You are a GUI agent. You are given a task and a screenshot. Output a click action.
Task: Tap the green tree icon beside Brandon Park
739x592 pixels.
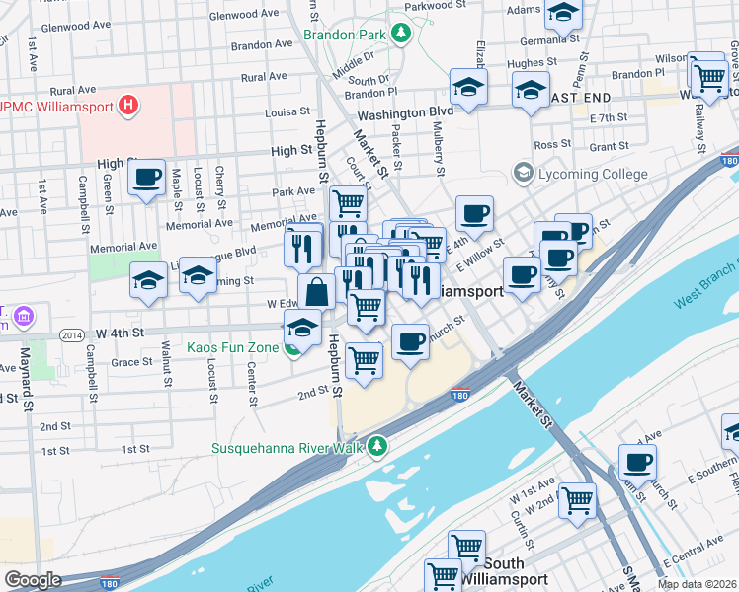(400, 35)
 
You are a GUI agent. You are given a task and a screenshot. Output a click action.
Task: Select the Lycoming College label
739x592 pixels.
(592, 175)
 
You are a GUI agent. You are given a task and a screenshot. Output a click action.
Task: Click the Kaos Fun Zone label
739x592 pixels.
(233, 346)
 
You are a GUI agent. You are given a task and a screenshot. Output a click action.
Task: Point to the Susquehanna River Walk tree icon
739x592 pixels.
(376, 447)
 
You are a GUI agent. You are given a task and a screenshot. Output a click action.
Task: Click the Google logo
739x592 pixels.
(33, 580)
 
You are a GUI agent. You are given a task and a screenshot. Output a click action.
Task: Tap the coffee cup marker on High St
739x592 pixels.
(146, 178)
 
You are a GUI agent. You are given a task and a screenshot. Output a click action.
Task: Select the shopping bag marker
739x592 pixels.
(316, 292)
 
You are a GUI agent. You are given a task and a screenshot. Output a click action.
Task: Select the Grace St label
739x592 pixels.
(131, 362)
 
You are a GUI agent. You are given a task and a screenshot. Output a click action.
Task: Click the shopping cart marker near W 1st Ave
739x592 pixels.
(577, 499)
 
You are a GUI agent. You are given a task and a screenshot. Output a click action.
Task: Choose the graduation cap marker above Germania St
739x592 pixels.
(563, 13)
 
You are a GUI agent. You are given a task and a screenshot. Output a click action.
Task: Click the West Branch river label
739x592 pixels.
(705, 287)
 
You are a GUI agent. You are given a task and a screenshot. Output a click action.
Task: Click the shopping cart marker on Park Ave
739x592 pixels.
(347, 202)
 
